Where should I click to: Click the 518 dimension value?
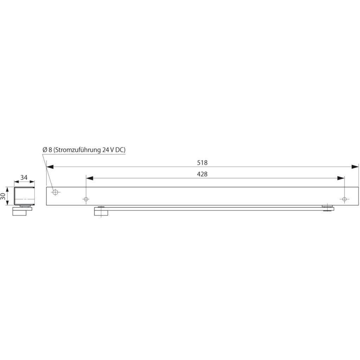[x=202, y=163]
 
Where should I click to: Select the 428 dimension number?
[x=202, y=174]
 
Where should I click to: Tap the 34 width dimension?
[x=24, y=178]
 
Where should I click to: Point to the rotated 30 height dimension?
[x=3, y=196]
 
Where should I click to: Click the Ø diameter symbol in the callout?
[x=45, y=149]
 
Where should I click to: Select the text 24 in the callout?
[x=106, y=149]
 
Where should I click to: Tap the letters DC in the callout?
[x=120, y=149]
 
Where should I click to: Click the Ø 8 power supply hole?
[x=55, y=192]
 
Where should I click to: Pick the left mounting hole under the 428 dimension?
[x=86, y=199]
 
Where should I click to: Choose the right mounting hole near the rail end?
[x=344, y=199]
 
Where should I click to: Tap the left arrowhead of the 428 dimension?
[x=90, y=178]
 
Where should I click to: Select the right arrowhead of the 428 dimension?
[x=341, y=178]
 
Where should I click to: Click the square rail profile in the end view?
[x=24, y=196]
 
